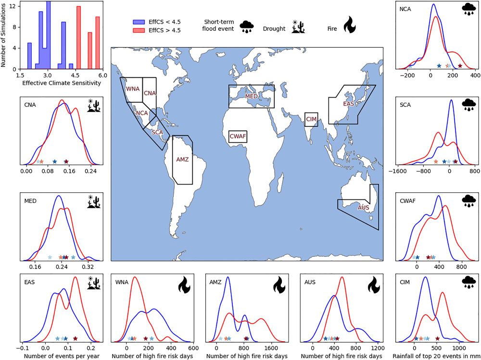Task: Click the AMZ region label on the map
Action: coord(182,160)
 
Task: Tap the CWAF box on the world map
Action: coord(238,137)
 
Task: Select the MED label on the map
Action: coord(252,97)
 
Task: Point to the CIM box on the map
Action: coord(311,119)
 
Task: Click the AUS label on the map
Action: coord(363,208)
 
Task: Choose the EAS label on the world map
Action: coord(349,103)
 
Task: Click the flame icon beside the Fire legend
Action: coord(348,25)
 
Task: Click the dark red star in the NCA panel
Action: coord(460,66)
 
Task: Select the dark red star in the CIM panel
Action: coord(437,338)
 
